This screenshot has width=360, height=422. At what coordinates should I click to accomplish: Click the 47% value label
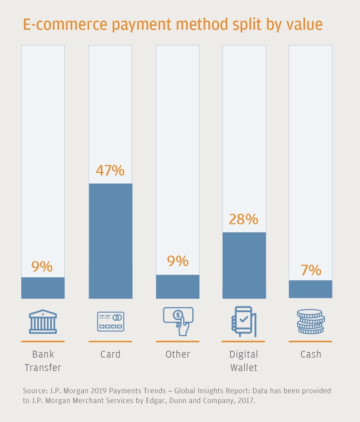pos(110,171)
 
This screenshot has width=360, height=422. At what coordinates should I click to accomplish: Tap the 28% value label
pos(244,219)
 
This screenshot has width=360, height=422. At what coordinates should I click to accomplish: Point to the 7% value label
pos(311,270)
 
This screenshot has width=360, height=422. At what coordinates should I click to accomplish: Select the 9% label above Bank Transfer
pos(42,267)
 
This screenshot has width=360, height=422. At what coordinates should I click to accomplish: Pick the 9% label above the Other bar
pos(178,261)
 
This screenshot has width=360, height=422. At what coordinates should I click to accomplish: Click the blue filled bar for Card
pos(111,241)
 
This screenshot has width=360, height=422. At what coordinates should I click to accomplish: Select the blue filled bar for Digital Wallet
pos(244,265)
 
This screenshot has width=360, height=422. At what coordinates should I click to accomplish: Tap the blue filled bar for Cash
pos(311,289)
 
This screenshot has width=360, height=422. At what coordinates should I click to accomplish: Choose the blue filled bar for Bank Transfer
pos(43,288)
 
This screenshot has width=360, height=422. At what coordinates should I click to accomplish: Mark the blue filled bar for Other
pos(178,286)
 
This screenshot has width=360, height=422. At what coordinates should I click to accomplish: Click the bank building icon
pos(43,322)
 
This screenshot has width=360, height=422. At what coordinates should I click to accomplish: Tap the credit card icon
pos(111,322)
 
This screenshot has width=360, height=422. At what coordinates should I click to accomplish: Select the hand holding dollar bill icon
pos(179,321)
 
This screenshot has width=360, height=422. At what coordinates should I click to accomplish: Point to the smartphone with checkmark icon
pos(244,322)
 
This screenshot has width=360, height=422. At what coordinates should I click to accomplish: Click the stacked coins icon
pos(311,322)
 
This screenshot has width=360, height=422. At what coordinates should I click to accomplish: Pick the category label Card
pos(111,354)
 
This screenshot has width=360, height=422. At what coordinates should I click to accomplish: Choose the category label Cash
pos(311,354)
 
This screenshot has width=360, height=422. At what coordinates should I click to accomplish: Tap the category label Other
pos(178,354)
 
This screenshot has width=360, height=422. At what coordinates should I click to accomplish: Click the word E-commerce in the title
pos(65,25)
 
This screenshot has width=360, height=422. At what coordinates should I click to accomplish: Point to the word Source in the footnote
pos(35,391)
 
